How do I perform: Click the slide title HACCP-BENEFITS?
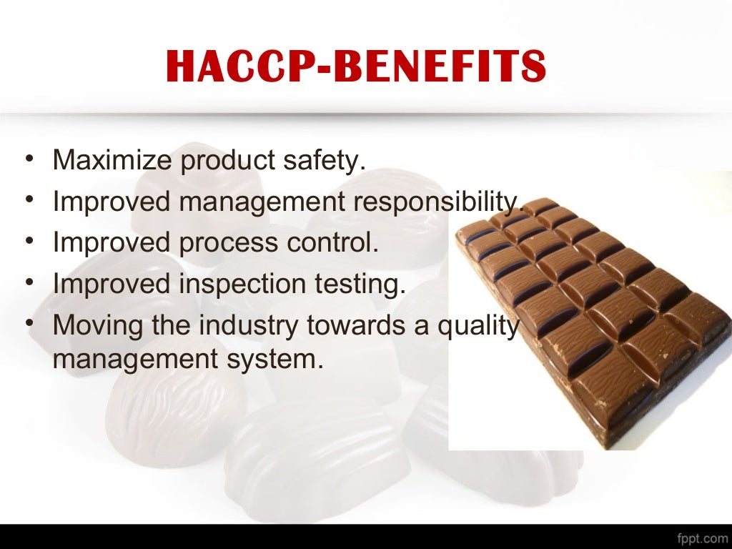click(x=355, y=67)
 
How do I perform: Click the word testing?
click(x=360, y=285)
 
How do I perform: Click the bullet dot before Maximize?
click(x=29, y=159)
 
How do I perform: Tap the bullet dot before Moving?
click(x=29, y=325)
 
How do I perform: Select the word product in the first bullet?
click(x=226, y=162)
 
